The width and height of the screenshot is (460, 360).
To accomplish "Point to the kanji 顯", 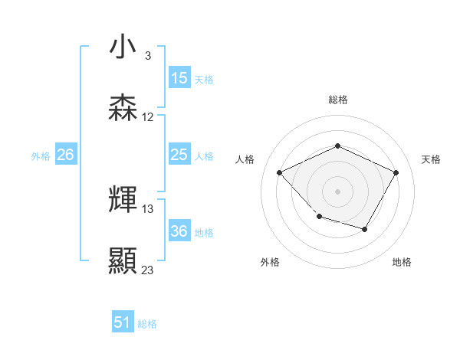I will [x=123, y=260].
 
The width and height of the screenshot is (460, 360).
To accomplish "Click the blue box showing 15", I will [x=179, y=78].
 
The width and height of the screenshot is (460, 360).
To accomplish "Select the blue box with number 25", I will [x=179, y=155].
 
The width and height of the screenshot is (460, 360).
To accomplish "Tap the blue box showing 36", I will [x=179, y=232].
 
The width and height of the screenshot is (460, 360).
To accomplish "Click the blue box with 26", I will [x=65, y=155].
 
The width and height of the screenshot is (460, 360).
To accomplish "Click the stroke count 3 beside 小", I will [x=147, y=56].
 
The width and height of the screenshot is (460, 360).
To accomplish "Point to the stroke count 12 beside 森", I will [x=148, y=117].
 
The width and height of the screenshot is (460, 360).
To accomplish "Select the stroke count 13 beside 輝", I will [x=148, y=208].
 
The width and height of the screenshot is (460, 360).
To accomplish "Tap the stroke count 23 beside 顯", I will [x=148, y=270].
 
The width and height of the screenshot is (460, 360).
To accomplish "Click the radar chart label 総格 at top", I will [x=338, y=100].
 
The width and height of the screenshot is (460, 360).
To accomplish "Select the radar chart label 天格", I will [x=431, y=159].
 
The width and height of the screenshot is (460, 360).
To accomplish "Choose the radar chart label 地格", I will [x=402, y=262].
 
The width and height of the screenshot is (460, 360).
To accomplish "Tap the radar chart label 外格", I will [x=270, y=262].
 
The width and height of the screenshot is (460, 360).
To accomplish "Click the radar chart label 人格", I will [x=245, y=159].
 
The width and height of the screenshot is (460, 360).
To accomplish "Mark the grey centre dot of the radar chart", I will [x=337, y=191].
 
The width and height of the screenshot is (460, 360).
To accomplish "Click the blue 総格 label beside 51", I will [x=148, y=324].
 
